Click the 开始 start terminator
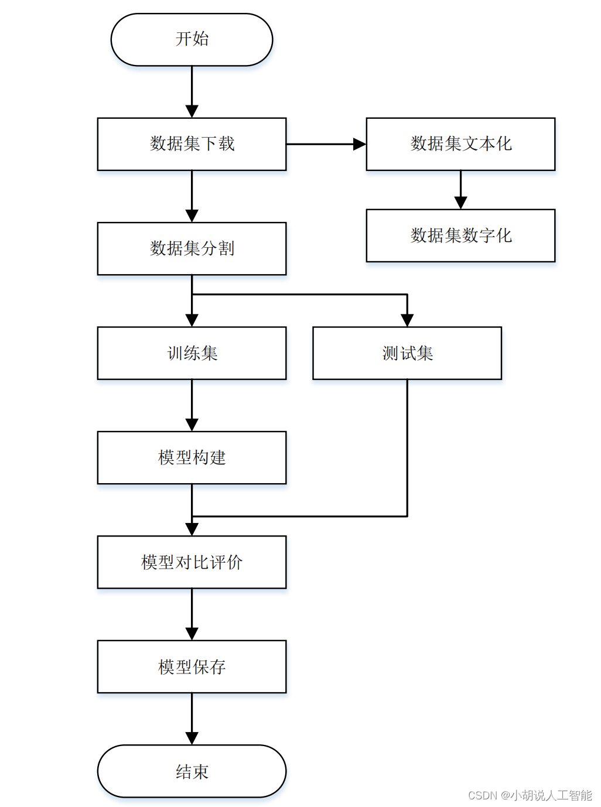click(192, 40)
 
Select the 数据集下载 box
click(192, 144)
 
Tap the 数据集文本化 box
click(460, 144)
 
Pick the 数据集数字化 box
click(460, 235)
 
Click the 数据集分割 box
click(192, 248)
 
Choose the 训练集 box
click(192, 353)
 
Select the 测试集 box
click(407, 353)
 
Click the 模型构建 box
click(192, 457)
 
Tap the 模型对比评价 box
click(192, 562)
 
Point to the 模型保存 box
click(192, 666)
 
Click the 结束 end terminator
click(192, 771)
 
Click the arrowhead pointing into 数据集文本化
click(359, 144)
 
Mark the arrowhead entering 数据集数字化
click(460, 203)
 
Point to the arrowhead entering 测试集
click(407, 320)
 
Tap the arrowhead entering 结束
click(192, 738)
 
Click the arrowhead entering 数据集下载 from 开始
click(192, 111)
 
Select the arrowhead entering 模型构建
click(192, 425)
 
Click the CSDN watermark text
click(530, 795)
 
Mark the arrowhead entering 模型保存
click(192, 634)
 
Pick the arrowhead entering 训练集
click(192, 320)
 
